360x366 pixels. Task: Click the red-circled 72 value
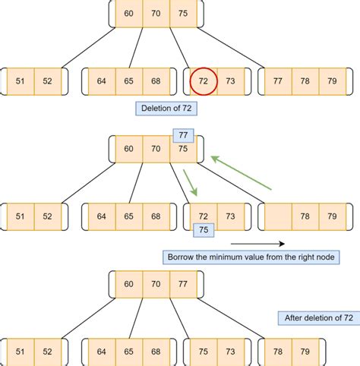pos(204,80)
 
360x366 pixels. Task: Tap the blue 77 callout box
pos(184,135)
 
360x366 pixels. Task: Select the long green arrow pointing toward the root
pos(241,172)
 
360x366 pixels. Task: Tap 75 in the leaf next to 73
pos(204,352)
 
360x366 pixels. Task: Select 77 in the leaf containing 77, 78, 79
pos(277,80)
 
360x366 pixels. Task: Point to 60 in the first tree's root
pos(129,13)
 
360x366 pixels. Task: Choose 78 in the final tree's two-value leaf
pos(279,352)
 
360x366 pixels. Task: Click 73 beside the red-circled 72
pos(230,80)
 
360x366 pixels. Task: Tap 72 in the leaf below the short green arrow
pos(204,216)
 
